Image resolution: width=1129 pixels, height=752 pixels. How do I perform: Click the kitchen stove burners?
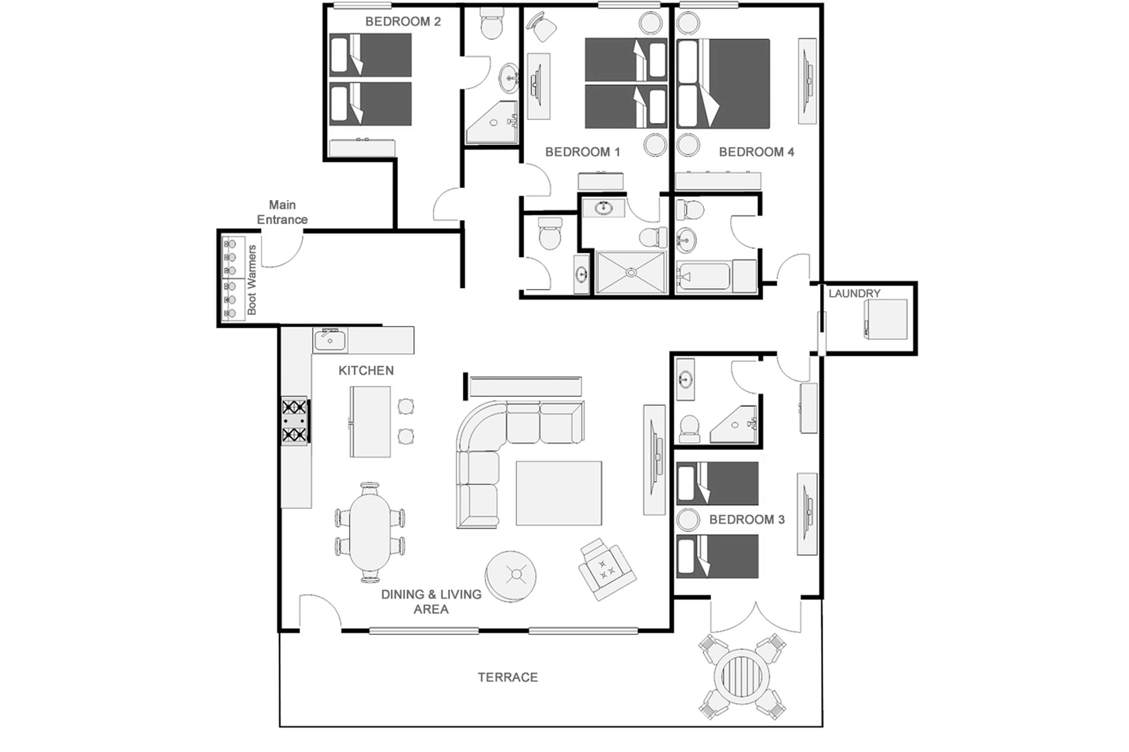[294, 421]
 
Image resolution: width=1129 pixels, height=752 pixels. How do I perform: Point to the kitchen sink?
[330, 340]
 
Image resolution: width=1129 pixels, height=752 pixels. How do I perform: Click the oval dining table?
[370, 532]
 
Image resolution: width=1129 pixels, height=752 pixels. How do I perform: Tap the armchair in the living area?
[607, 569]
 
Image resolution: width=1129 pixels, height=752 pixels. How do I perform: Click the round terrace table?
[741, 676]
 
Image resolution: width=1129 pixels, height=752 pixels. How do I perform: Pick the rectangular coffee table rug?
[559, 493]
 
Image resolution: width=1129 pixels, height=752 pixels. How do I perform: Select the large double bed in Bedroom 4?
[723, 84]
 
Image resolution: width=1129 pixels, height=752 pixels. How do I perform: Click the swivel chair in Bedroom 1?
[542, 27]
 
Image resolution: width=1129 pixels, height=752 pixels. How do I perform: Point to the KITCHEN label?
[366, 370]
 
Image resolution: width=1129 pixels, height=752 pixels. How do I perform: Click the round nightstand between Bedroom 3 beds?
[688, 520]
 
